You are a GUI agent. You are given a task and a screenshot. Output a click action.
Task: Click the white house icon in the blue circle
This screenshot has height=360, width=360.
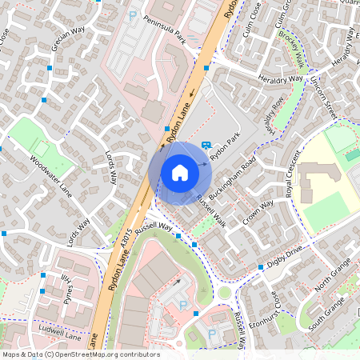tap(180, 172)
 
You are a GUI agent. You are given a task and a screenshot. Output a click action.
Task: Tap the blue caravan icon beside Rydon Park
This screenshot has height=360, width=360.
tap(206, 146)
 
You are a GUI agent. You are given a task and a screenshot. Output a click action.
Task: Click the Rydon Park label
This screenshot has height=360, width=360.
tap(225, 148)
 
